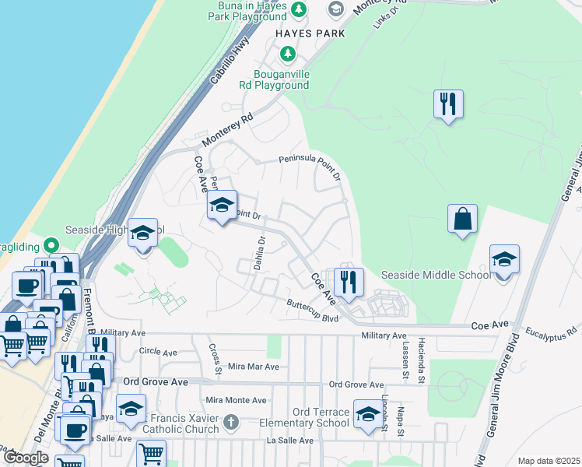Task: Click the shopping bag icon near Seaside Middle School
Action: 462,218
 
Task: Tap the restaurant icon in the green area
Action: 447,104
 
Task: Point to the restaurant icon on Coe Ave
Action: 348,282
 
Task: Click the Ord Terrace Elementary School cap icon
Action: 367,413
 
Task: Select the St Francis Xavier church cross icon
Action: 230,422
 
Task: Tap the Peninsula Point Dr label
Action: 310,163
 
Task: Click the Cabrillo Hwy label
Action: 227,61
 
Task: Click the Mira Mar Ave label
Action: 253,367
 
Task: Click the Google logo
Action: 26,458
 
